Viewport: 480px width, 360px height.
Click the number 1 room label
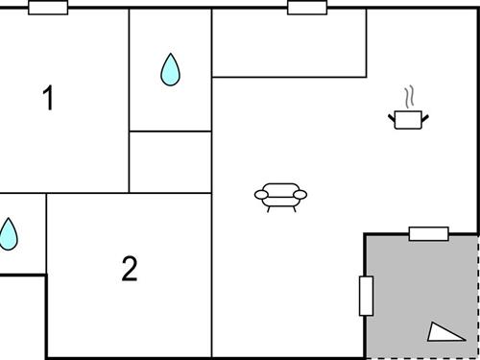(x=48, y=98)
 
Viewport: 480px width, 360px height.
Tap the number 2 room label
(x=130, y=269)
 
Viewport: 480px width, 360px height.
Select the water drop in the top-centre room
(x=170, y=69)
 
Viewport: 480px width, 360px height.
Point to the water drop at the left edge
(x=8, y=233)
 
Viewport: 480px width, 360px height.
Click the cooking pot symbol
(x=409, y=119)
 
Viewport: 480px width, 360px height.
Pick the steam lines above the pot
(x=410, y=97)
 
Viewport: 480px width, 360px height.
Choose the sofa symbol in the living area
(x=280, y=196)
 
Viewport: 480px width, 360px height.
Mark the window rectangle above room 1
(x=48, y=8)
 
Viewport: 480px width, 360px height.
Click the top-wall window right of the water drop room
(x=307, y=8)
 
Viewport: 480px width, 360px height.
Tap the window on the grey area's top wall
(x=428, y=233)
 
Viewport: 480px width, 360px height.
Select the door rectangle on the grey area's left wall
(x=366, y=296)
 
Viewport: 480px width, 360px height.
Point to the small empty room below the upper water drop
(x=170, y=162)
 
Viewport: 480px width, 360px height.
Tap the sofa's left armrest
(x=261, y=195)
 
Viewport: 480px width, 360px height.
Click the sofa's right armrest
(x=300, y=195)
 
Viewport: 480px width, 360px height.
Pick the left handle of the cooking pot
(x=392, y=117)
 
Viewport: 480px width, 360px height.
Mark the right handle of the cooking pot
(x=425, y=117)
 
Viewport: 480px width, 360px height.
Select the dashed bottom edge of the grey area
(x=422, y=358)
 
